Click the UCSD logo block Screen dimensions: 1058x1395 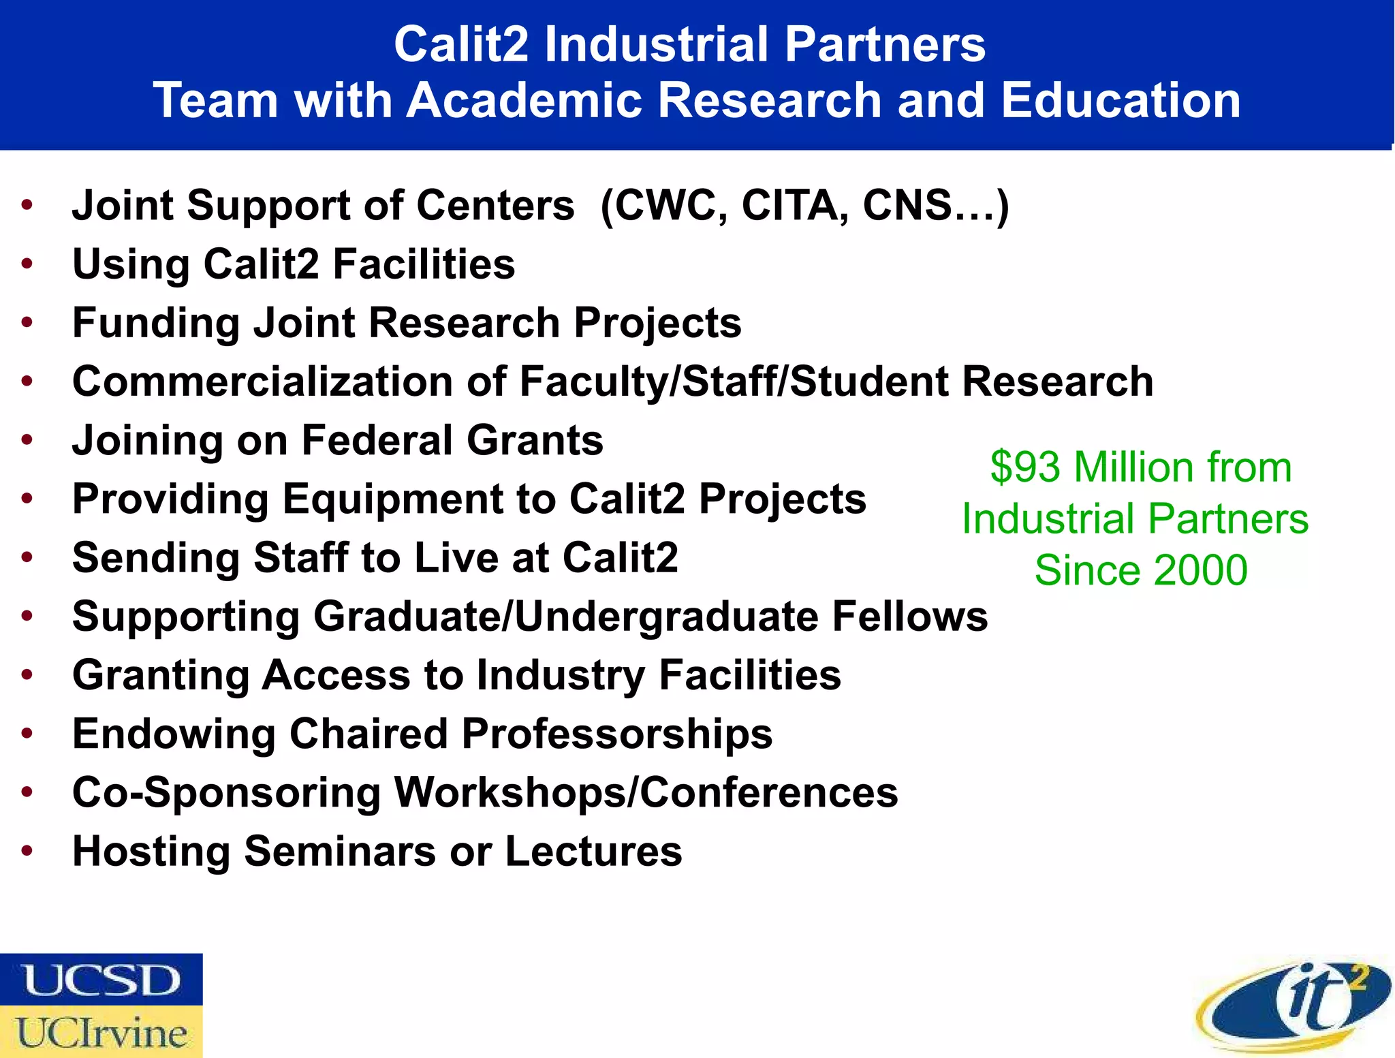tap(101, 980)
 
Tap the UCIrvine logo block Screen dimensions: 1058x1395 tap(101, 1032)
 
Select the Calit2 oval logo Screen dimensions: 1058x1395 tap(1293, 1006)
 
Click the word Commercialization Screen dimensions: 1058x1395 tap(262, 381)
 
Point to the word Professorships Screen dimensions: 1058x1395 tap(617, 734)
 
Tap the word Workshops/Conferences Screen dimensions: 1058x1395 tap(646, 792)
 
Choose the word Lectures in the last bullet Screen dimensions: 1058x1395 tap(593, 851)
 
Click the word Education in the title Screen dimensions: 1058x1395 tap(1120, 100)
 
